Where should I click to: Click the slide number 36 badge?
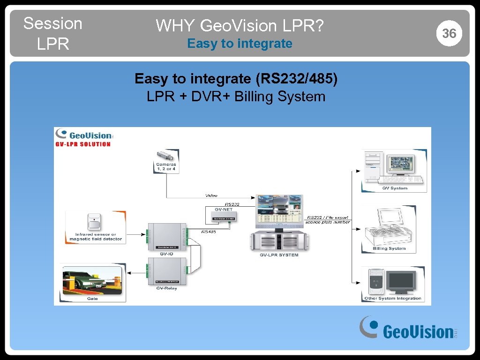click(x=449, y=33)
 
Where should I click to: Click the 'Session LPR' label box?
click(x=52, y=33)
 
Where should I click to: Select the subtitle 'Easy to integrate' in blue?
click(x=240, y=44)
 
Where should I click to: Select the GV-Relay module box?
click(x=166, y=271)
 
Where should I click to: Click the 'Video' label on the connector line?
click(x=211, y=195)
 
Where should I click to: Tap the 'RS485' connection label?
click(x=209, y=232)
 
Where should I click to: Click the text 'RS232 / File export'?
click(x=328, y=217)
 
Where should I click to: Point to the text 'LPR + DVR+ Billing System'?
click(x=236, y=97)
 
